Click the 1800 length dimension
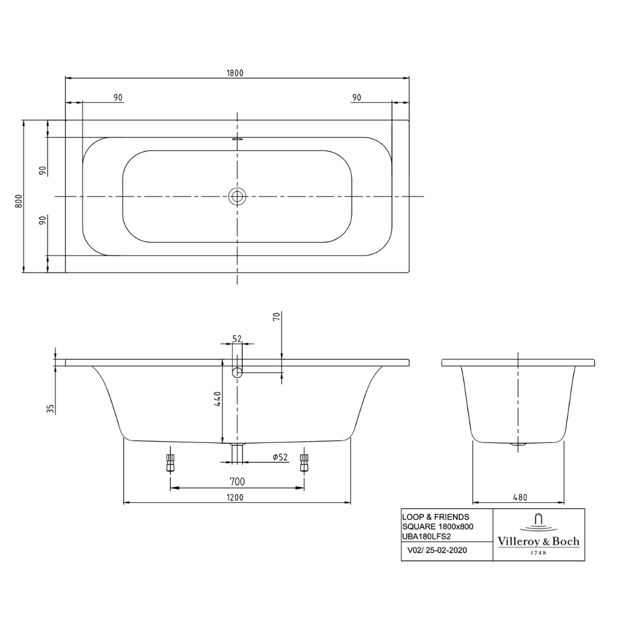[x=235, y=73]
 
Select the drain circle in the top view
[x=237, y=196]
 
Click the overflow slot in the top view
[x=237, y=139]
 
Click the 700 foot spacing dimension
[x=237, y=481]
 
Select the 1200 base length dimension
[x=235, y=498]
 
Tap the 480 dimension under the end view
[x=520, y=498]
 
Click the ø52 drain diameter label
[x=280, y=457]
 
